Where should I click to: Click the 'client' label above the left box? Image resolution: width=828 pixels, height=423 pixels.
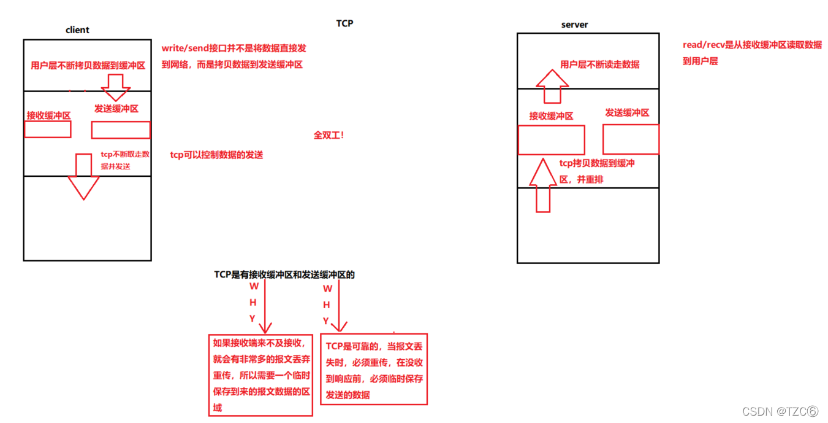point(77,29)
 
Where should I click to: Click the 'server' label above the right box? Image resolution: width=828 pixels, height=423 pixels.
point(574,25)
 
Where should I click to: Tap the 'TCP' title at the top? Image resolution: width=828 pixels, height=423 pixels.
point(344,23)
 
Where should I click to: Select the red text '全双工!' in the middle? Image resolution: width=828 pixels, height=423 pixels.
point(329,135)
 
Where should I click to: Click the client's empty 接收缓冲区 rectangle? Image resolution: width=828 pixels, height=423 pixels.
point(48,130)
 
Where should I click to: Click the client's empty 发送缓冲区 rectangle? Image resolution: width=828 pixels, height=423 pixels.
point(121,130)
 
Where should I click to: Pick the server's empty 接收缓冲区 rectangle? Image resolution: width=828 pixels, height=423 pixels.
point(551,140)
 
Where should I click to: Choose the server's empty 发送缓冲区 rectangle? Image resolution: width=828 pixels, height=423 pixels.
point(631,139)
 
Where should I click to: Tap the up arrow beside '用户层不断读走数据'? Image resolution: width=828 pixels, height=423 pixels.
point(552,86)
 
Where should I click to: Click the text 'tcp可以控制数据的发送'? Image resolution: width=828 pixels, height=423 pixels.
point(216,155)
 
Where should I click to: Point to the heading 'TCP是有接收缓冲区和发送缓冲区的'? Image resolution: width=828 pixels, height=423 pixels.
point(284,274)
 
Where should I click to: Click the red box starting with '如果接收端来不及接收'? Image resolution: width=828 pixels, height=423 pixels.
point(261,374)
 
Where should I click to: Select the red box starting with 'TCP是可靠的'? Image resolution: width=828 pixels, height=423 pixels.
point(374,369)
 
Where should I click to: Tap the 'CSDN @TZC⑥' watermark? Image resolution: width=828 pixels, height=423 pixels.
point(780,411)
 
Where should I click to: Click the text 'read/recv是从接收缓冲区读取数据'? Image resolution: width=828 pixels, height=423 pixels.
point(752,45)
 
